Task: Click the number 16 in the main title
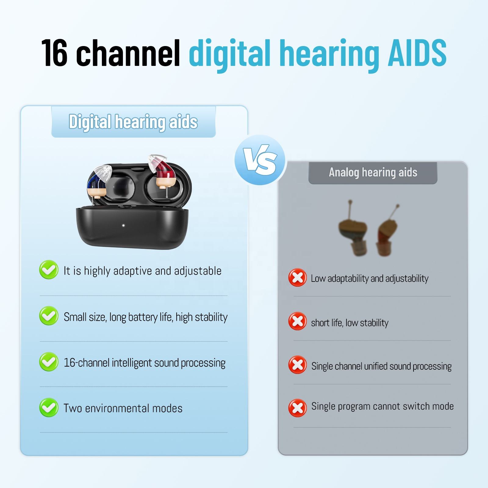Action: pyautogui.click(x=54, y=53)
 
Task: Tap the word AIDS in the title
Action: pyautogui.click(x=417, y=52)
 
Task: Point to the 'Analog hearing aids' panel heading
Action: pyautogui.click(x=373, y=172)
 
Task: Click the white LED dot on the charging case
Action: pyautogui.click(x=123, y=226)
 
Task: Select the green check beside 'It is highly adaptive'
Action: pyautogui.click(x=49, y=270)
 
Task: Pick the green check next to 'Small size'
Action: pyautogui.click(x=49, y=316)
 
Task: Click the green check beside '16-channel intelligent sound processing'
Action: pyautogui.click(x=49, y=362)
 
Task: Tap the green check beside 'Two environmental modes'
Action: pyautogui.click(x=49, y=407)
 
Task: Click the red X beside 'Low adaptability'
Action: pyautogui.click(x=297, y=278)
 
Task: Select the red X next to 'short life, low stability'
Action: pyautogui.click(x=297, y=321)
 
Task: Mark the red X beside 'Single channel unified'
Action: pyautogui.click(x=297, y=365)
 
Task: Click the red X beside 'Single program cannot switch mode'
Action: pyautogui.click(x=297, y=408)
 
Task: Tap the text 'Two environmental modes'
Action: pyautogui.click(x=123, y=408)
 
